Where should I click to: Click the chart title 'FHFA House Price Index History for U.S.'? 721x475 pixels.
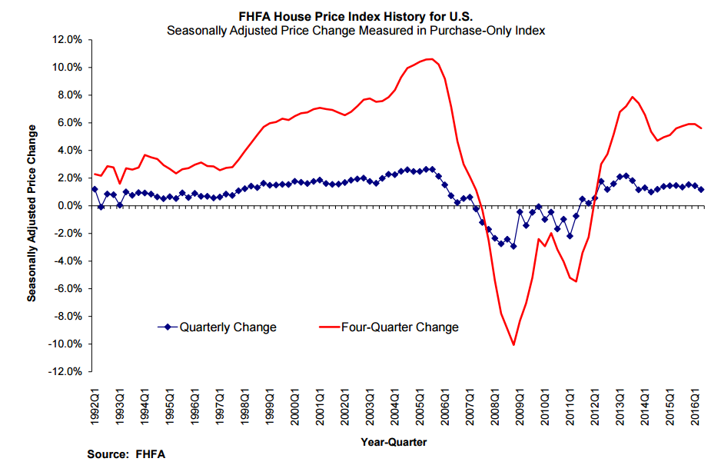[x=360, y=16]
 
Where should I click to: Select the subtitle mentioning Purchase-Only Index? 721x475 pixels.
[x=360, y=30]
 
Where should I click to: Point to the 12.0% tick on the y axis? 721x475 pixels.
[x=66, y=39]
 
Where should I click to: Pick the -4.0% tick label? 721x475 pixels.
[x=66, y=261]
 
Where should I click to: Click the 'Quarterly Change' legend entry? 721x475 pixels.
[x=228, y=327]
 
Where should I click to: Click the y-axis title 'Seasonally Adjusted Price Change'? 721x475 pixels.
[x=32, y=204]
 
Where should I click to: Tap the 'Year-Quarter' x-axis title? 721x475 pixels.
[x=394, y=442]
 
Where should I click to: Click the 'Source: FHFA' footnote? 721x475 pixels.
[x=126, y=454]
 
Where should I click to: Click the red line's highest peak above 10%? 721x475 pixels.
[x=430, y=58]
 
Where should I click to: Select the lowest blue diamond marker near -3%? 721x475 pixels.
[x=513, y=246]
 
